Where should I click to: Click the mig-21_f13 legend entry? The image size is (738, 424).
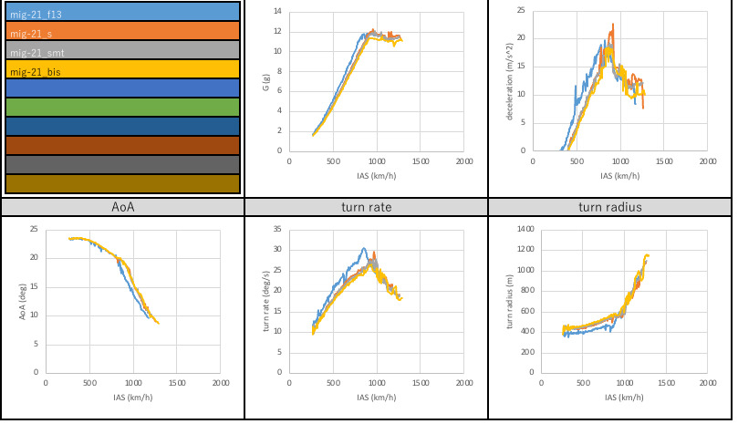tap(122, 12)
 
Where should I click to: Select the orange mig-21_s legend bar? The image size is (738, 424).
tap(122, 31)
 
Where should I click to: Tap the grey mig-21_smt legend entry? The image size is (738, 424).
tap(122, 50)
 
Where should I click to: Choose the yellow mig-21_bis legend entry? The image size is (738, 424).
tap(122, 69)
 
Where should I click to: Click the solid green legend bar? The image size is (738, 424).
tap(122, 108)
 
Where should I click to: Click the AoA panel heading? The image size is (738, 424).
tap(122, 207)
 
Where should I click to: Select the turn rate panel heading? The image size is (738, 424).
tap(365, 207)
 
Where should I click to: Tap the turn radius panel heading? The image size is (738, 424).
tap(610, 207)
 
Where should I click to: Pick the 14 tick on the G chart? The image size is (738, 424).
tap(278, 12)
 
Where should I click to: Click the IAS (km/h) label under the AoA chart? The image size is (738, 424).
tap(133, 397)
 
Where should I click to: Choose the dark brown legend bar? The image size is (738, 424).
tap(122, 145)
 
